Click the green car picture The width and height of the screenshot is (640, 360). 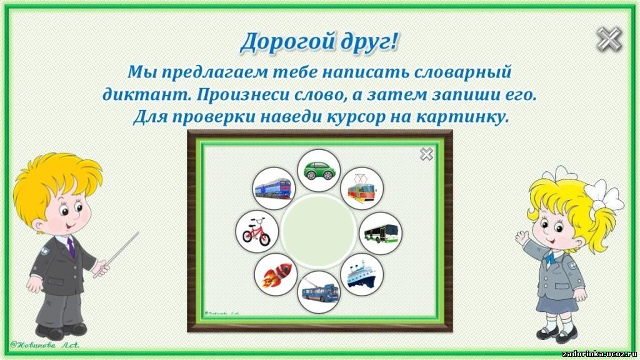[x=319, y=170]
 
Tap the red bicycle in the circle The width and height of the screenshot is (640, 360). [x=257, y=231]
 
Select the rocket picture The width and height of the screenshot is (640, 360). [x=276, y=274]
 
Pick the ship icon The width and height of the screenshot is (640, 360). [x=362, y=274]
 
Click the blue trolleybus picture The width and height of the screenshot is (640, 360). [x=319, y=292]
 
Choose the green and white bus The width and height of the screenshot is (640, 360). [x=381, y=233]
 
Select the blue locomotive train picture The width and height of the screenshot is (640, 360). [x=274, y=188]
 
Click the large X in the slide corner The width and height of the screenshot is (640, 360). [x=609, y=39]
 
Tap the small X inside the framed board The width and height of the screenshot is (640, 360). [x=426, y=154]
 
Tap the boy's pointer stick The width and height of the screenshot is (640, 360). [x=116, y=254]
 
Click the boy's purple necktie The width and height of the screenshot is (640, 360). [x=71, y=247]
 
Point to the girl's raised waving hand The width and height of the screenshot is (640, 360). [x=522, y=237]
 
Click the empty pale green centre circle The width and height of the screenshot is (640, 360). [x=319, y=231]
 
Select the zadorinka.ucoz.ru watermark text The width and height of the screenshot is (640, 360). [x=599, y=354]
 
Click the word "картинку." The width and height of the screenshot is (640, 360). [x=463, y=117]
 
